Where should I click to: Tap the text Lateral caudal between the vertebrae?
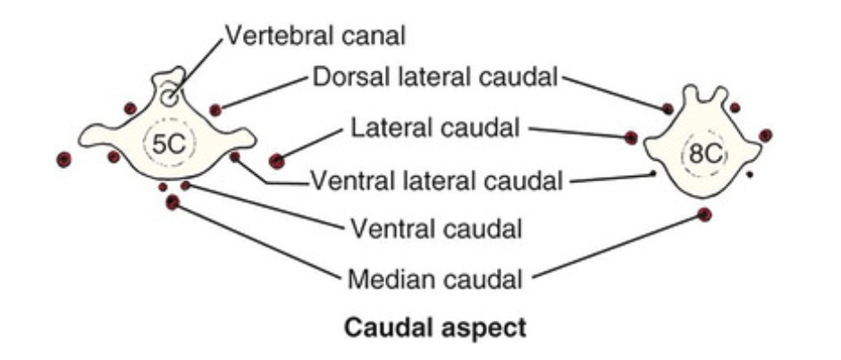434,129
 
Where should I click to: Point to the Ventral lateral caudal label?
436,181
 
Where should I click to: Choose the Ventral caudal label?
435,229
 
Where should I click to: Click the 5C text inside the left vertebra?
167,145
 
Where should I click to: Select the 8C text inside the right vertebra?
702,154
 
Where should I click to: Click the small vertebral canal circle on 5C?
169,96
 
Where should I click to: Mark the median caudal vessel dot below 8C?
704,214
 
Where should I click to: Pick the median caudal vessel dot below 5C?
172,203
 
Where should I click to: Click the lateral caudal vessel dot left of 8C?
631,138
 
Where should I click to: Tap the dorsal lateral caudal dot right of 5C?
215,110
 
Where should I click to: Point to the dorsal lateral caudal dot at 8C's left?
668,108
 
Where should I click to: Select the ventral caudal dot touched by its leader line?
185,186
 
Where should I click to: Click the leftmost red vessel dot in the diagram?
63,160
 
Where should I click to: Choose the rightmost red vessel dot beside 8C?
766,135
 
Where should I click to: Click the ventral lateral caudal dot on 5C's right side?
235,157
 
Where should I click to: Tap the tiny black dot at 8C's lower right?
749,175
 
